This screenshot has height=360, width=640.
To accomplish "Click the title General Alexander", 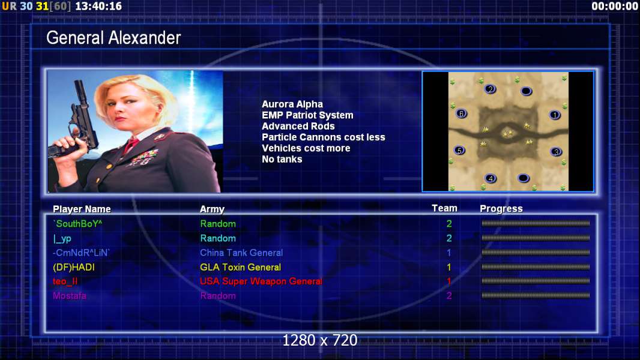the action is pos(113,38).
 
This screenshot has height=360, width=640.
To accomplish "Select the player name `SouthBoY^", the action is pos(77,224).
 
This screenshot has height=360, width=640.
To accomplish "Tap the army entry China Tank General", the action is pos(241,253).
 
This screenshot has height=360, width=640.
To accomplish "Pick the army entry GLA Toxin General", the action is pos(240,267).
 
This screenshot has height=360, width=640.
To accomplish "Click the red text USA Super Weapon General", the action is pos(261,281).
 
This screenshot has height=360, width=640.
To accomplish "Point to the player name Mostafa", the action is pos(70,296).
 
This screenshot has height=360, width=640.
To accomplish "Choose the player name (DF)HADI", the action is pos(74,268).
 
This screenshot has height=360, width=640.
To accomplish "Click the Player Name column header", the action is pos(82,209).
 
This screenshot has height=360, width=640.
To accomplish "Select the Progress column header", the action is pos(501,209).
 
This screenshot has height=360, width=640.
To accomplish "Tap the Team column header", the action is pos(444,208).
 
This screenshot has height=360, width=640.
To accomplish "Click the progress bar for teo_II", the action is pos(536,281).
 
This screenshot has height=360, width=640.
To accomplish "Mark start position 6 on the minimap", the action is pos(461,114).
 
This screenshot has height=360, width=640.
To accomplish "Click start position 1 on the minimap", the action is pos(555,115).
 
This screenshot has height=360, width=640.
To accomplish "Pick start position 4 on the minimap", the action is pos(491,178).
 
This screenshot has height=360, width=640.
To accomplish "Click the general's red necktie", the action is pos(131,145).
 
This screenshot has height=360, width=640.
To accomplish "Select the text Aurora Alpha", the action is pos(292,104).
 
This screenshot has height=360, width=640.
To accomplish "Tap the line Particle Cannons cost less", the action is pos(323,137).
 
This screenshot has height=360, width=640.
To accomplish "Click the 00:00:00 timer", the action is pos(615,6).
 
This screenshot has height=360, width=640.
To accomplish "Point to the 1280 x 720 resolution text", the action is pos(320,340).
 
